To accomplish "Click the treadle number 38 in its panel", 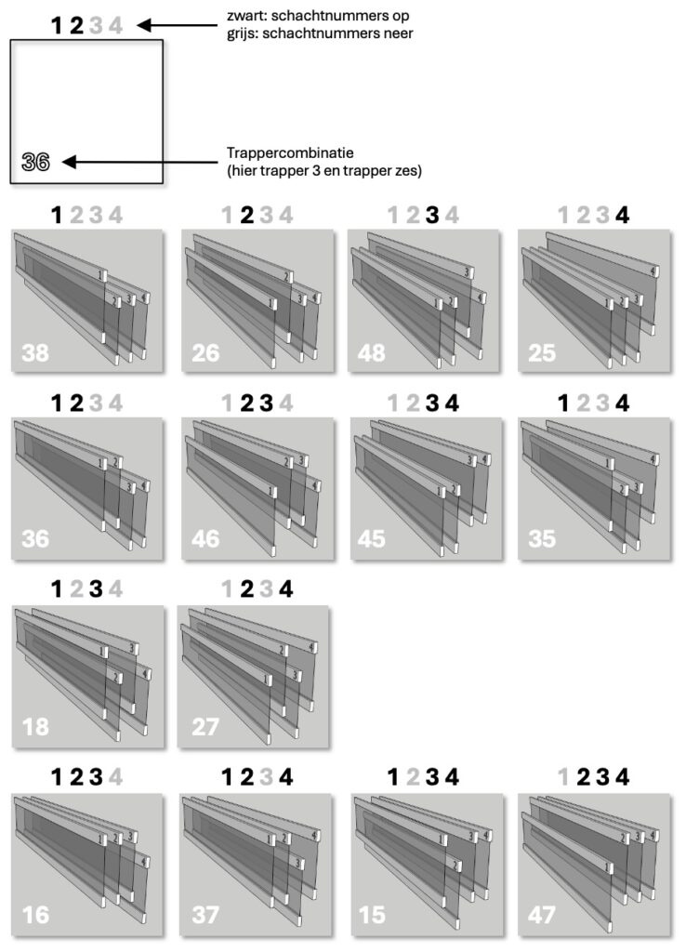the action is coord(35,352).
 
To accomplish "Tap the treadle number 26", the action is coord(205,352).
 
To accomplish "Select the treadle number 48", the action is coord(372,352).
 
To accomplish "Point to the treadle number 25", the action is coord(542,352).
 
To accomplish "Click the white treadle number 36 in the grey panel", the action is coord(35,538).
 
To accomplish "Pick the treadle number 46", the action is coord(205,538).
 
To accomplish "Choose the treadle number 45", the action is coord(372,538).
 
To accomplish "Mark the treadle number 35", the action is coord(542,538).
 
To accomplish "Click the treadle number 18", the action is coord(35,727).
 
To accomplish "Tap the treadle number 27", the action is coord(205,727).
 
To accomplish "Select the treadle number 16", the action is coord(35,915).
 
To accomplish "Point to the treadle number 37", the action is coord(205,915).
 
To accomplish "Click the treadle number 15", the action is coord(372,915).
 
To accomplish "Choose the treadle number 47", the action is coord(542,915).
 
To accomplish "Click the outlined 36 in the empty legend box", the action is coord(36,162).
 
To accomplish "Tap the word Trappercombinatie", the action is coord(290,153).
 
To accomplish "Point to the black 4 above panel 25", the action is coord(622,215).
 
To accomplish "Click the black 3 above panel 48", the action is coord(431,215).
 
